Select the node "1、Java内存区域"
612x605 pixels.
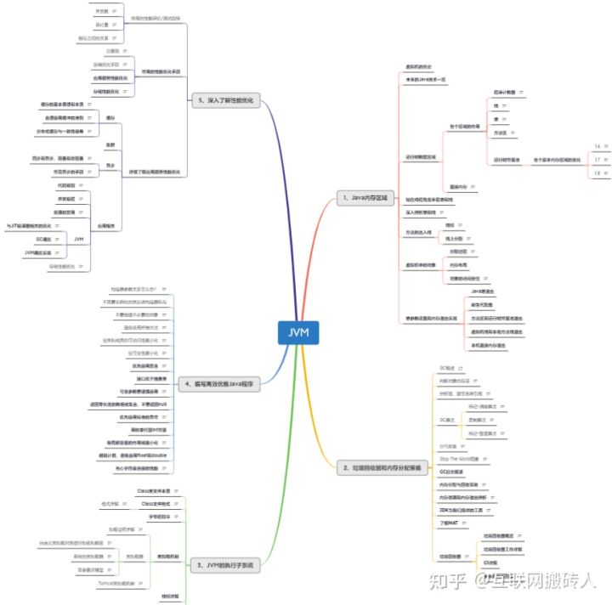coord(364,197)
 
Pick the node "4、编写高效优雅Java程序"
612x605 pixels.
coord(224,383)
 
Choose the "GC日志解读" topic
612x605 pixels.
coord(450,470)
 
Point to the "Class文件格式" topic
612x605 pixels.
coord(156,504)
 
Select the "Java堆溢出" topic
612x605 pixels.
coord(483,291)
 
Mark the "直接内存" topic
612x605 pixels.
coord(458,185)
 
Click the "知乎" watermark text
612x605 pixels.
coord(445,582)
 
